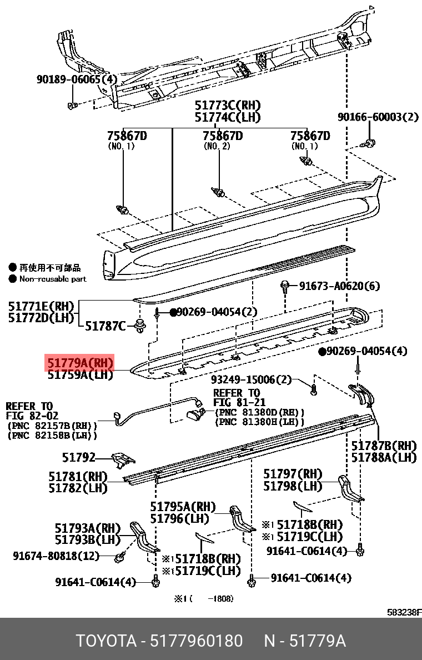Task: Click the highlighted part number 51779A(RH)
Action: [x=80, y=363]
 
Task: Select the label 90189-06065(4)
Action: [x=77, y=79]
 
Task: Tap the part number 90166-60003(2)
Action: [x=378, y=117]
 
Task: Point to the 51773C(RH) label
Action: [x=227, y=106]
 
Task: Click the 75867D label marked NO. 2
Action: [x=222, y=136]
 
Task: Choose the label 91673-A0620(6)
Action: [x=339, y=286]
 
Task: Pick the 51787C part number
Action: [x=105, y=326]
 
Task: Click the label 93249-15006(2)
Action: [x=251, y=379]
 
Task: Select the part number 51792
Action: [x=78, y=458]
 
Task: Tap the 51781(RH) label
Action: [x=78, y=477]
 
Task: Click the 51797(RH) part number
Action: [x=293, y=474]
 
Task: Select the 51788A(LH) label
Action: [x=384, y=458]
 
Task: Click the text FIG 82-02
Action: [x=32, y=416]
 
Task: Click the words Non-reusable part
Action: [x=53, y=279]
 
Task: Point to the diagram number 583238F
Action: [x=404, y=613]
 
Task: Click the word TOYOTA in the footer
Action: [x=105, y=641]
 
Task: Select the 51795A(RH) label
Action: [x=183, y=507]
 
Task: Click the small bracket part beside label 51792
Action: [x=123, y=459]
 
